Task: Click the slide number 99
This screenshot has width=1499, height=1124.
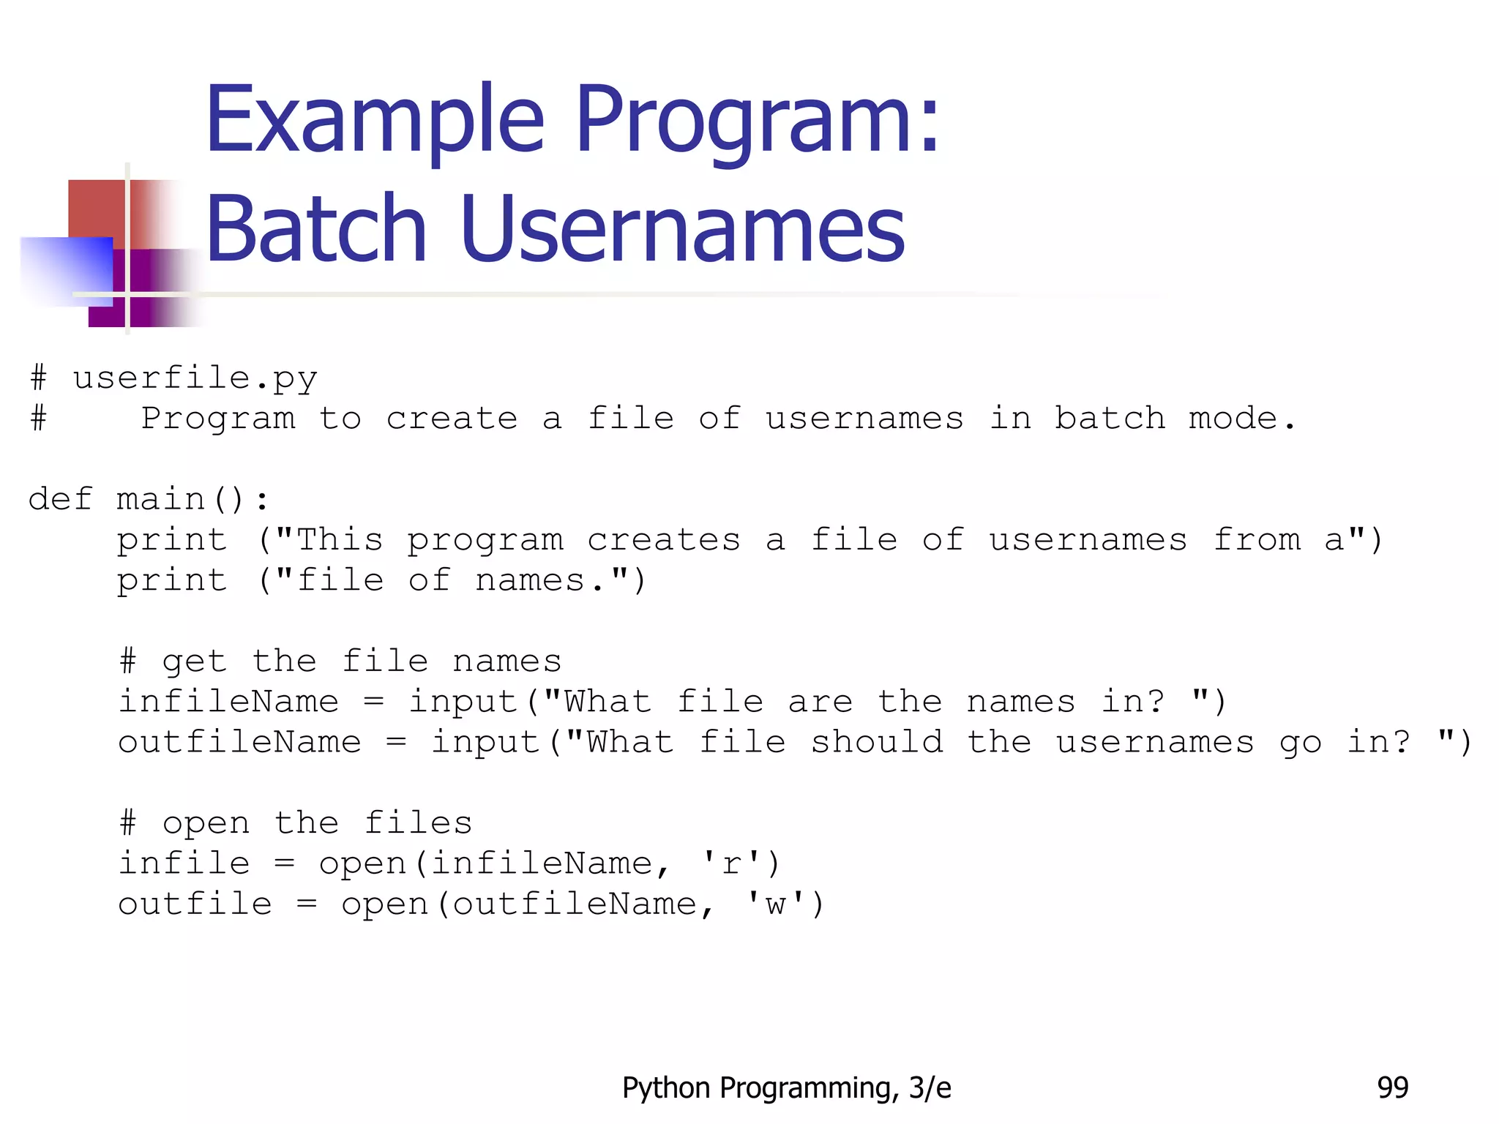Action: click(x=1392, y=1088)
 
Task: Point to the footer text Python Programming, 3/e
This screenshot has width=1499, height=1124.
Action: click(x=786, y=1088)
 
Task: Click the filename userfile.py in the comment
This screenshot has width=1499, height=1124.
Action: click(x=195, y=379)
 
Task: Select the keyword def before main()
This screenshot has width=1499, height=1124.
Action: click(x=61, y=500)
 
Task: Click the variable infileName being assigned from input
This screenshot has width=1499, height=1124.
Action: click(x=229, y=702)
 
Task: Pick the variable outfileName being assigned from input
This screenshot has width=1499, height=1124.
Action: click(x=240, y=743)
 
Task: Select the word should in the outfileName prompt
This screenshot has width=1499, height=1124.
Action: click(x=877, y=743)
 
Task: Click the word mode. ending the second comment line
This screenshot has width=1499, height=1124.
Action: click(x=1242, y=419)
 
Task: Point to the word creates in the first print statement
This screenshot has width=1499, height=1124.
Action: click(x=664, y=541)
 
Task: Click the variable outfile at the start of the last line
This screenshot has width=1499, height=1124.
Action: click(x=195, y=904)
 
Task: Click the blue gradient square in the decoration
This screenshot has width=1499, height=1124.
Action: click(x=66, y=269)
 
